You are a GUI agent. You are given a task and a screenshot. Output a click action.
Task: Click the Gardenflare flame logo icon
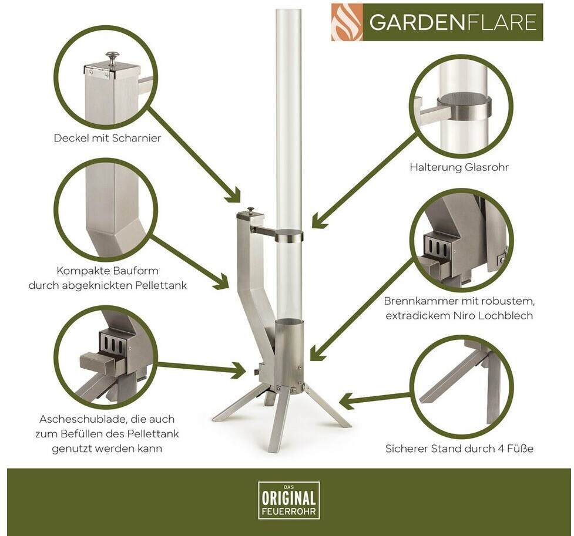[x=347, y=22]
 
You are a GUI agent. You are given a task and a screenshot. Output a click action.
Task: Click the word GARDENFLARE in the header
[x=453, y=22]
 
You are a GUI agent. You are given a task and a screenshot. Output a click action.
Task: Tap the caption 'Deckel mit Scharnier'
[x=108, y=138]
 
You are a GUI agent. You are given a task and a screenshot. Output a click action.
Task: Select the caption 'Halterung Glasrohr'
[x=459, y=167]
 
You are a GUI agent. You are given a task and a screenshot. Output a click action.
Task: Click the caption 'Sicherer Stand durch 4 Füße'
[x=459, y=448]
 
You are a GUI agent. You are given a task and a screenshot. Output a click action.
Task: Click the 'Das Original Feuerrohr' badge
[x=289, y=500]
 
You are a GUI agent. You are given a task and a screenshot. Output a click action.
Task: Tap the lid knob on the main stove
[x=250, y=210]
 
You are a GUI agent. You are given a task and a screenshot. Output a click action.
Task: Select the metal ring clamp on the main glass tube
[x=290, y=235]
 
